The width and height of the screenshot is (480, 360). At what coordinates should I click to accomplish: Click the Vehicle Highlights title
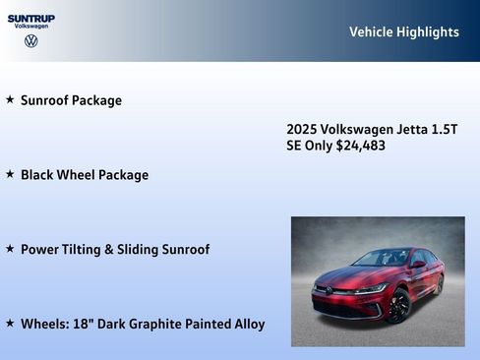coord(403,32)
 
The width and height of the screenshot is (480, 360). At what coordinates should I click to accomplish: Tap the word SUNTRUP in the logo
coord(31,18)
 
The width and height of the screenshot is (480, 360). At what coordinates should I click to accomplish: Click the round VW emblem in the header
coord(31,41)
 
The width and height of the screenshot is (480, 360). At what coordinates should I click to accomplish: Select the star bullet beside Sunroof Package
coord(10,99)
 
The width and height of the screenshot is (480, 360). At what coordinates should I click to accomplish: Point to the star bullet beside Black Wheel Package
coord(10,174)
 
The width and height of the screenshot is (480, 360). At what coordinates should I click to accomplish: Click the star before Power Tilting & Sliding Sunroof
coord(10,249)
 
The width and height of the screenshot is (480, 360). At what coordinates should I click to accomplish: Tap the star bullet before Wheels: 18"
coord(10,323)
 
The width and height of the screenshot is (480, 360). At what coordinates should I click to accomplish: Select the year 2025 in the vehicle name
coord(302,130)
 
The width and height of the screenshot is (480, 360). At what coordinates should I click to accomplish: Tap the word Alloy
coord(246,324)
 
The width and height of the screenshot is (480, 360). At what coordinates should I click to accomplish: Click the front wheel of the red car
coord(398,306)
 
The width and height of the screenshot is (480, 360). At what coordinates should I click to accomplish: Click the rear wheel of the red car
coord(440,285)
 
